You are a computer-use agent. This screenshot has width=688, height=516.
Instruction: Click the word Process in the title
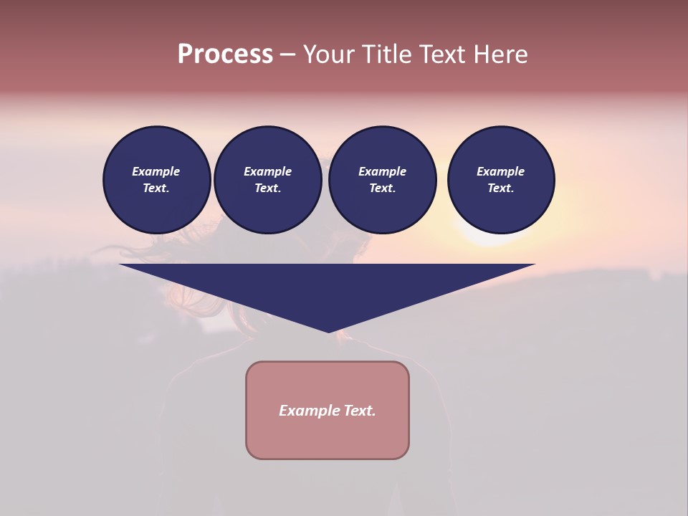point(225,54)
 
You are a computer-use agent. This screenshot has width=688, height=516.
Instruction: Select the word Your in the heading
point(326,54)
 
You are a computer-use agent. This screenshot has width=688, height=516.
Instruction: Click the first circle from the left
point(157,180)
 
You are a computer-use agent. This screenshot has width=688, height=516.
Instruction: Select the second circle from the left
point(268,180)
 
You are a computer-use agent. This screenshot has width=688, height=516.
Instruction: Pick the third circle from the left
point(382,180)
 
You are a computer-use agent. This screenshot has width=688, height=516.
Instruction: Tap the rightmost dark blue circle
point(501,180)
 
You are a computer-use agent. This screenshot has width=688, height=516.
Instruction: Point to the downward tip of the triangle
point(328,331)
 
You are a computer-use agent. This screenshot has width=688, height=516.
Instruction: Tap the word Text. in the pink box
point(359,411)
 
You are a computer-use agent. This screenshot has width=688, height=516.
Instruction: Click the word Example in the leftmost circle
point(156,171)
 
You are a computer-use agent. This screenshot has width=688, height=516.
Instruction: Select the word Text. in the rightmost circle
point(501,188)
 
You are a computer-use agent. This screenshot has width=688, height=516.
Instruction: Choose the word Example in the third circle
point(382,171)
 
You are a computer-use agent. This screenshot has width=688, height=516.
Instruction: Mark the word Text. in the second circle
point(268,188)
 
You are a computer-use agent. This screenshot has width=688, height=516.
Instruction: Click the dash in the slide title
point(287,55)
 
